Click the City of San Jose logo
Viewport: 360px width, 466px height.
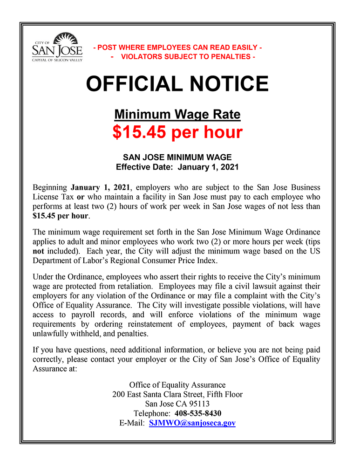point(57,48)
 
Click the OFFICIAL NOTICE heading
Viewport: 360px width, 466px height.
point(177,84)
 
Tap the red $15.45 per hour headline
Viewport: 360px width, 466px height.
point(177,132)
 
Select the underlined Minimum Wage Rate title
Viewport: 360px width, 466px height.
point(177,114)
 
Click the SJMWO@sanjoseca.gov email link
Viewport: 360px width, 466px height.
point(192,423)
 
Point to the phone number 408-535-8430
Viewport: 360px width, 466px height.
point(198,413)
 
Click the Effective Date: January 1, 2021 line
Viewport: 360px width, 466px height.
point(177,167)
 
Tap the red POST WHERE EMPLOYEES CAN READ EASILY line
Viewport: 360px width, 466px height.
point(177,48)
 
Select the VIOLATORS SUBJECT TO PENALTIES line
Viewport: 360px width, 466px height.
point(183,57)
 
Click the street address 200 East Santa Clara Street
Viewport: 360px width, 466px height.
point(177,394)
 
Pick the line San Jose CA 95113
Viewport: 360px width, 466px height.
point(177,404)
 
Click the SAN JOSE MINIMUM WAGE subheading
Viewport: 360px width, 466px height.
point(177,158)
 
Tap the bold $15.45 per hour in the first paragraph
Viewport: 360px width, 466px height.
point(61,216)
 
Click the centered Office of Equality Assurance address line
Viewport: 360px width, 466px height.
point(177,385)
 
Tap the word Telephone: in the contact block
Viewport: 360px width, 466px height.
point(152,413)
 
